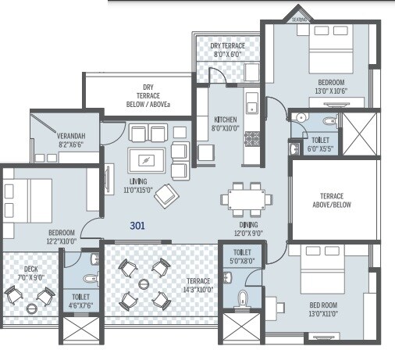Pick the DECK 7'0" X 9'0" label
[31, 273]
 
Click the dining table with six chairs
[241, 198]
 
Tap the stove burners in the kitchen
[251, 139]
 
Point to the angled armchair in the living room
[165, 195]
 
